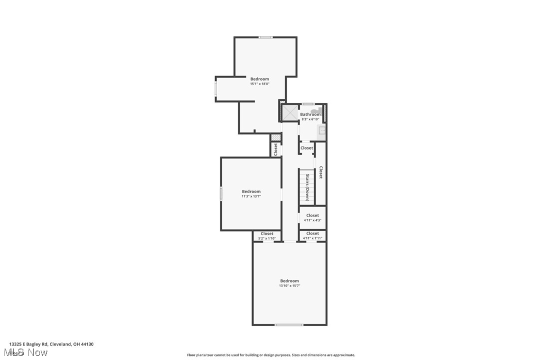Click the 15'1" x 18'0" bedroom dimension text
(x=260, y=84)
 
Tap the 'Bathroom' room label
(x=310, y=114)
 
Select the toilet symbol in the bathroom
(x=316, y=110)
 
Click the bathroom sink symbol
(x=322, y=131)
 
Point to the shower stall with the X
(x=289, y=112)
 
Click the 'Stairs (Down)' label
(x=307, y=187)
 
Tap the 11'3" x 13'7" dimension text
(x=251, y=196)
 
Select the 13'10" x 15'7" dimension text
(x=289, y=285)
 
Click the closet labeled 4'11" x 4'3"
(x=312, y=217)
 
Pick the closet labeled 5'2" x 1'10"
(x=267, y=235)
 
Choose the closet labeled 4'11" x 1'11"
(x=312, y=235)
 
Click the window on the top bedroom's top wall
(x=266, y=37)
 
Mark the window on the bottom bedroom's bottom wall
(x=288, y=325)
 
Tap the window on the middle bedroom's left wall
(x=221, y=194)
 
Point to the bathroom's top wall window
(x=308, y=104)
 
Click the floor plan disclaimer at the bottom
(x=271, y=355)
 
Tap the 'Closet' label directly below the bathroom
(x=306, y=148)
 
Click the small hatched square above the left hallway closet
(x=275, y=137)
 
